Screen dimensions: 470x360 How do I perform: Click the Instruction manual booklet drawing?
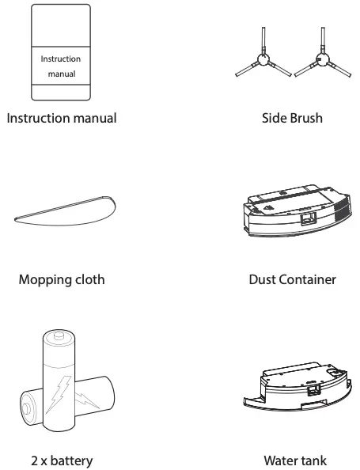click(61, 32)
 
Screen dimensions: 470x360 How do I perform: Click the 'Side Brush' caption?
click(292, 119)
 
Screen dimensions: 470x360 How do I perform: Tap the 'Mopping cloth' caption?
click(61, 279)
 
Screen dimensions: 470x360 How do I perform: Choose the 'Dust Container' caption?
click(292, 279)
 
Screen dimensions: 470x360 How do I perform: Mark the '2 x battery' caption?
click(61, 461)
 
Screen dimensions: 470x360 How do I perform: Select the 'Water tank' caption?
click(292, 461)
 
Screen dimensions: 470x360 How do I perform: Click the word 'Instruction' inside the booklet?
click(61, 59)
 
